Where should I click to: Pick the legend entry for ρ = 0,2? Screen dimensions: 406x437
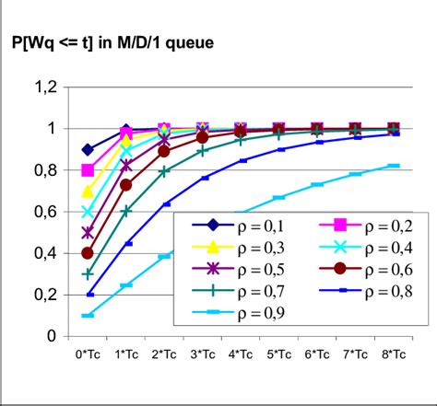[x=361, y=225]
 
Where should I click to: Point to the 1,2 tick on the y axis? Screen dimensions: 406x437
[x=45, y=87]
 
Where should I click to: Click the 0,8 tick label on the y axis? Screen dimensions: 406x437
[x=45, y=169]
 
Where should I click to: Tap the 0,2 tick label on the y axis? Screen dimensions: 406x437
[x=45, y=295]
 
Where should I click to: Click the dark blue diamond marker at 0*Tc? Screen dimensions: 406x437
[x=89, y=149]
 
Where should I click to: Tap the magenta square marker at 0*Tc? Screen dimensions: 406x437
[x=89, y=170]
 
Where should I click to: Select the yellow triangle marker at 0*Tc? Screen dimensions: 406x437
[x=89, y=191]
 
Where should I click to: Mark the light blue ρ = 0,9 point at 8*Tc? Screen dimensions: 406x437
[x=394, y=166]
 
